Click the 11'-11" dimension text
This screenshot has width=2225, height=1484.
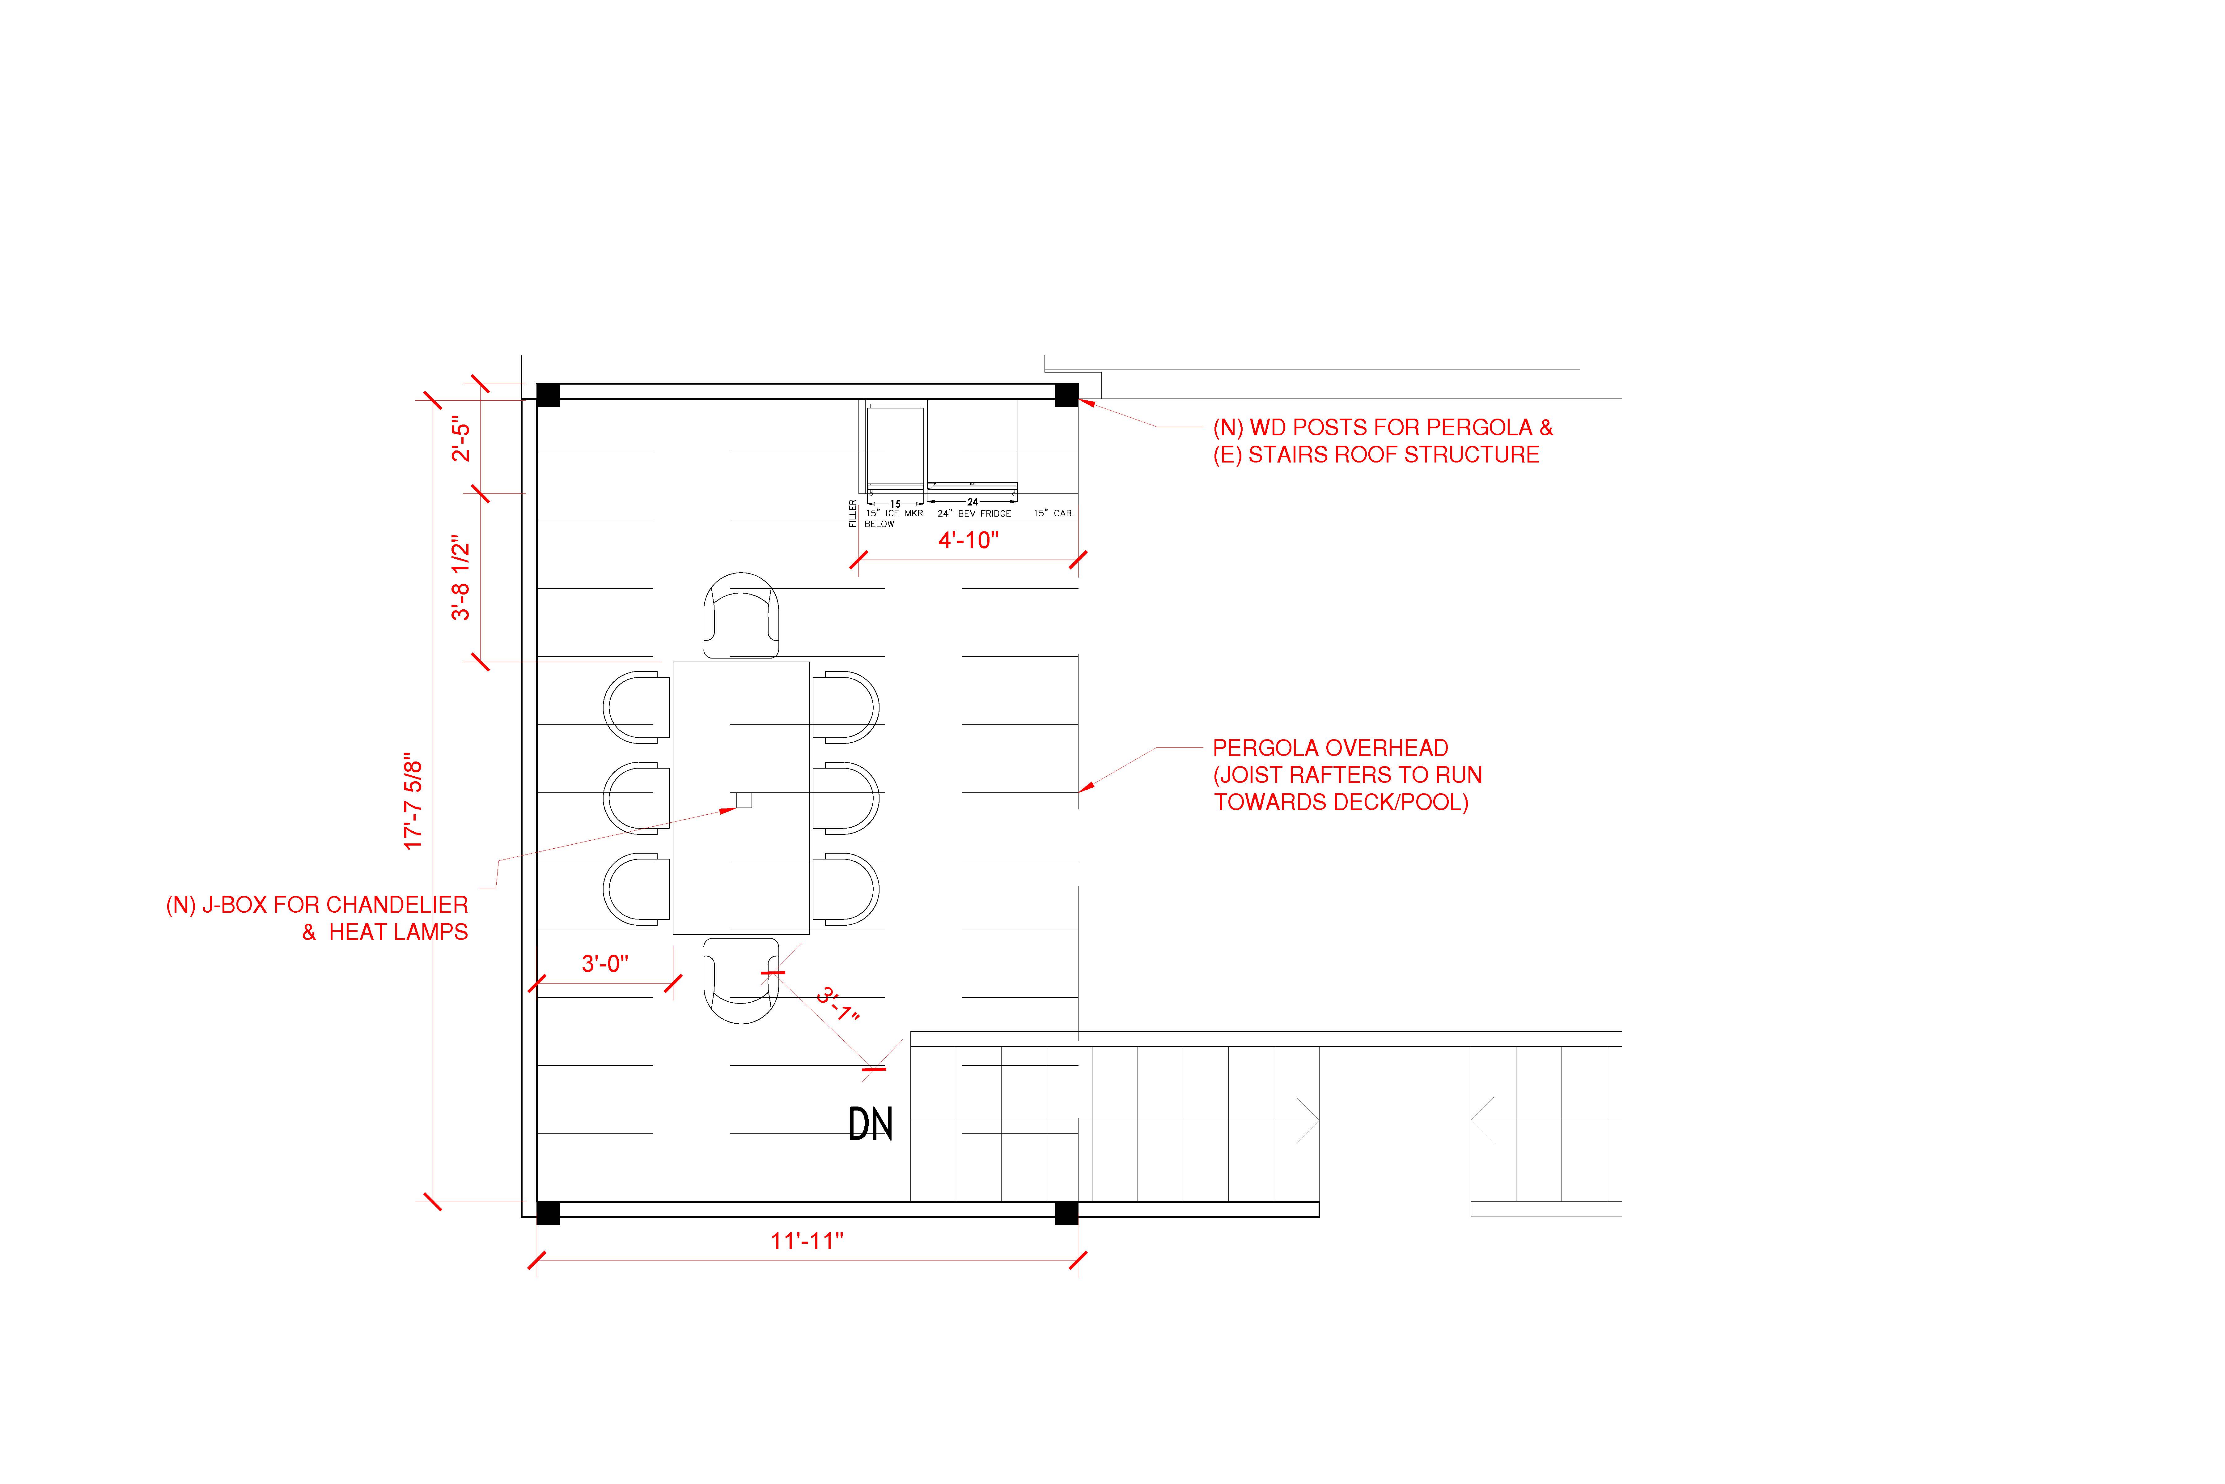[807, 1241]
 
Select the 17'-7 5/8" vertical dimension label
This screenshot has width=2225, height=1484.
[413, 805]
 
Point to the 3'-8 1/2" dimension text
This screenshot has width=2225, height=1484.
[461, 578]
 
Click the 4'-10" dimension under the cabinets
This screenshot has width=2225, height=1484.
[969, 540]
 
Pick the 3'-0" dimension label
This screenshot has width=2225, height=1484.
[605, 963]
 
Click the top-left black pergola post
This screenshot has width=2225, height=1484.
[548, 395]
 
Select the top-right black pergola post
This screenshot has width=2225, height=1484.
[1066, 395]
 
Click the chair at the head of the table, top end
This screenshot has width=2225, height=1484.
[742, 615]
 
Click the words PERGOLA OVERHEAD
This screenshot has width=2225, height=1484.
[1330, 748]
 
